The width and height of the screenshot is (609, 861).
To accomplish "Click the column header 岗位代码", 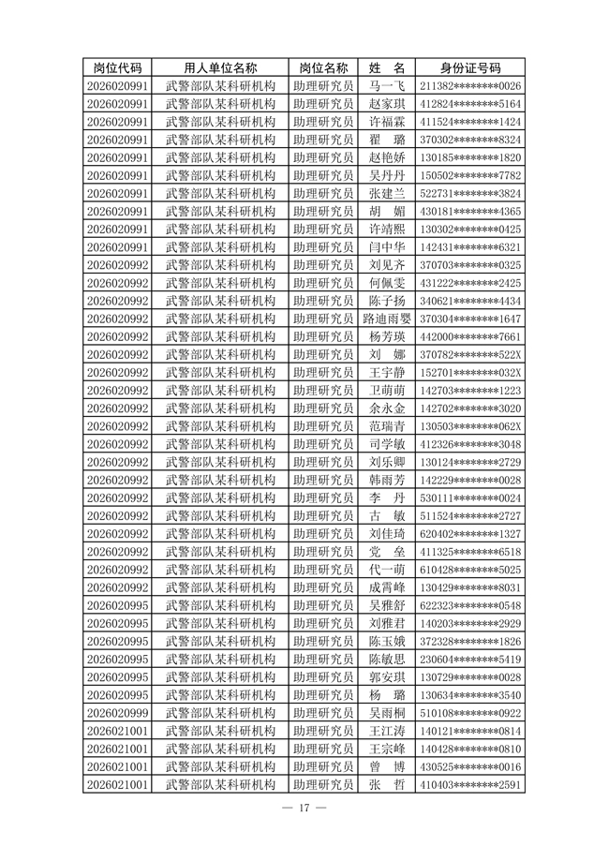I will [118, 68].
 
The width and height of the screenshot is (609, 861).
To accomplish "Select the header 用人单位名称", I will [220, 68].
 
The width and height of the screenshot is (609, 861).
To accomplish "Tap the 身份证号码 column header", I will [470, 68].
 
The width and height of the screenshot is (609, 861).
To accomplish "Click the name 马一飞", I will [386, 86].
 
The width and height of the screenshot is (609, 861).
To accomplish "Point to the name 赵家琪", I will [386, 104].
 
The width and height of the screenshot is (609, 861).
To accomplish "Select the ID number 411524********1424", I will [470, 122].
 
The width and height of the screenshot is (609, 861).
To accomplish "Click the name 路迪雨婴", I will [386, 319].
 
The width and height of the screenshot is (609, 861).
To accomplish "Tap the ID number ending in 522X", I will [470, 355].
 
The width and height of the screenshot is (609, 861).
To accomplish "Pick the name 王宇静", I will [386, 373].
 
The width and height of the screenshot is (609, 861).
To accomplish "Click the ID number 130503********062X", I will [470, 426].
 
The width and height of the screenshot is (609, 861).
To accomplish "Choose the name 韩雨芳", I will [386, 480].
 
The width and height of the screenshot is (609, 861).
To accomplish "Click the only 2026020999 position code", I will [118, 713].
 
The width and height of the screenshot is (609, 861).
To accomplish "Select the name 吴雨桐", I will [386, 713].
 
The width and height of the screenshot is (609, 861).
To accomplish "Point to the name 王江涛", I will [386, 731].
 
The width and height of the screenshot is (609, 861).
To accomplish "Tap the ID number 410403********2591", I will [470, 784].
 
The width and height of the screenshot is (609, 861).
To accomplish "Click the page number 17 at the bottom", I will [304, 809].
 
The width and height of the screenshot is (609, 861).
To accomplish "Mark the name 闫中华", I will [386, 247].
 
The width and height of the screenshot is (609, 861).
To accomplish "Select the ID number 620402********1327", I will [470, 534].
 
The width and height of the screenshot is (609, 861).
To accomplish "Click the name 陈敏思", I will [386, 660].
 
